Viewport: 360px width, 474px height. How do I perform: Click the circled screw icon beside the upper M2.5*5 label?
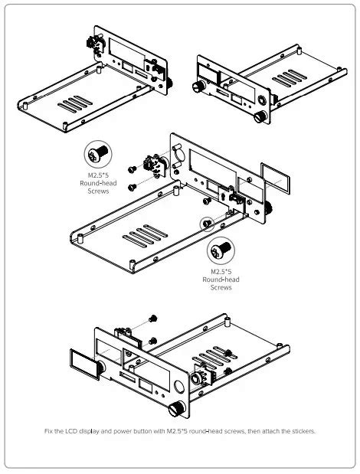tap(97, 155)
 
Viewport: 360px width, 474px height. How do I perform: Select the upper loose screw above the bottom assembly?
tap(153, 317)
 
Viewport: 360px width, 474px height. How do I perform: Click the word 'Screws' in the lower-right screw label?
tap(221, 288)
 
